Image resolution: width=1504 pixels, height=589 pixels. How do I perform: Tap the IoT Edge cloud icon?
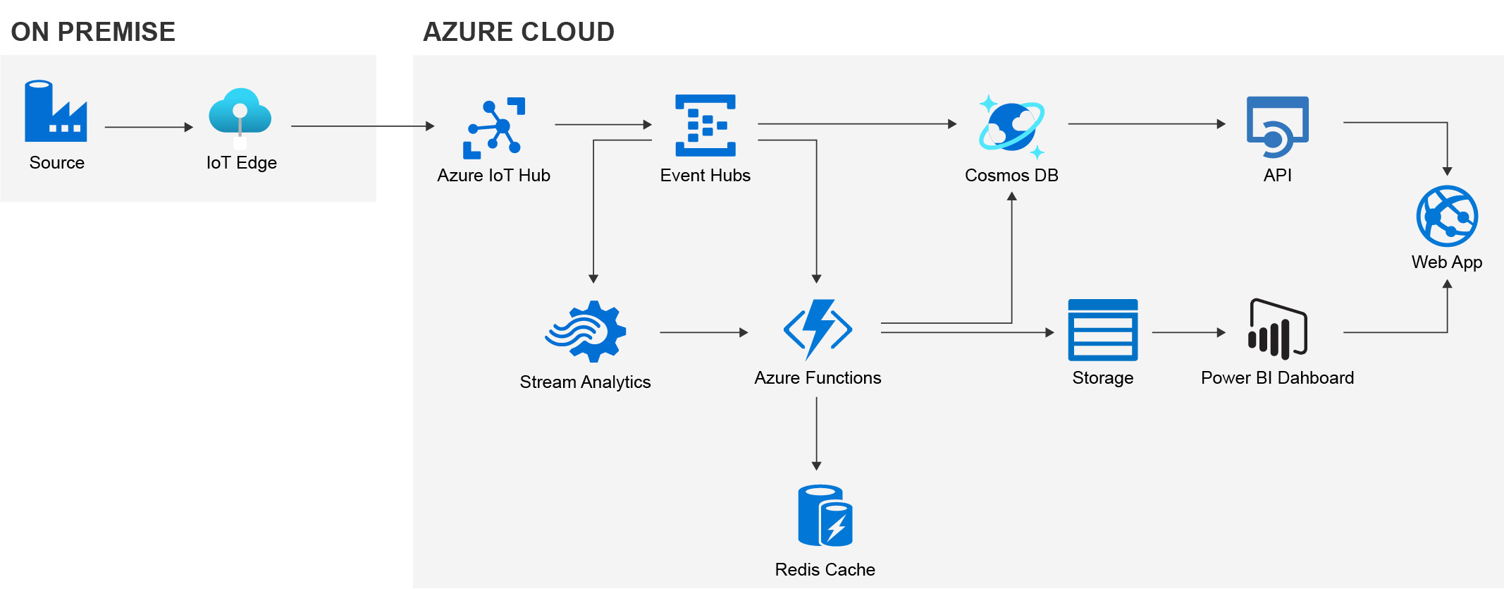click(240, 114)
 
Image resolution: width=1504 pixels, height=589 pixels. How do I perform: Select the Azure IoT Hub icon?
click(494, 128)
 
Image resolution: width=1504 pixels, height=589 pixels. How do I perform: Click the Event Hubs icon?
click(705, 125)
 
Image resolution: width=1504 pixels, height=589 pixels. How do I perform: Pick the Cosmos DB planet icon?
click(1011, 126)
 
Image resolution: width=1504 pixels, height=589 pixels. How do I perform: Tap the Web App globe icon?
click(1446, 216)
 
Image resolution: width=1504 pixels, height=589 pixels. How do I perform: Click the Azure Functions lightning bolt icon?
click(818, 329)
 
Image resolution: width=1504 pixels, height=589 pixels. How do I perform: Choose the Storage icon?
click(1102, 329)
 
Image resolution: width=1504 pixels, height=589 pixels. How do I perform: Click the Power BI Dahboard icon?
click(1277, 329)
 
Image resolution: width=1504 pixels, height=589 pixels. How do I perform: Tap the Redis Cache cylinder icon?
click(825, 516)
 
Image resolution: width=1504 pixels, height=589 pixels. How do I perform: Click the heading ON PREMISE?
click(93, 32)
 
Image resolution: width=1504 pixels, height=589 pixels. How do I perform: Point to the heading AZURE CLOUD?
click(519, 32)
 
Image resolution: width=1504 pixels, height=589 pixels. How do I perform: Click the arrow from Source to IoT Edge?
click(148, 127)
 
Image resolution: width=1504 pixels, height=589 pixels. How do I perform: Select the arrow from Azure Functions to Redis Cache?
click(816, 433)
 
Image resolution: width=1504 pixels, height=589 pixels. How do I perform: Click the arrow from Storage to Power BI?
click(1188, 332)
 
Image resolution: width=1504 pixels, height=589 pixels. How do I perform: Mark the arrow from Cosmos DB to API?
click(1146, 124)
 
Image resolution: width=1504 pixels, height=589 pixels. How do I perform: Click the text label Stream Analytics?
click(585, 382)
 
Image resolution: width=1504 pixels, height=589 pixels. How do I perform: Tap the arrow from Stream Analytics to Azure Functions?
click(703, 332)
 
